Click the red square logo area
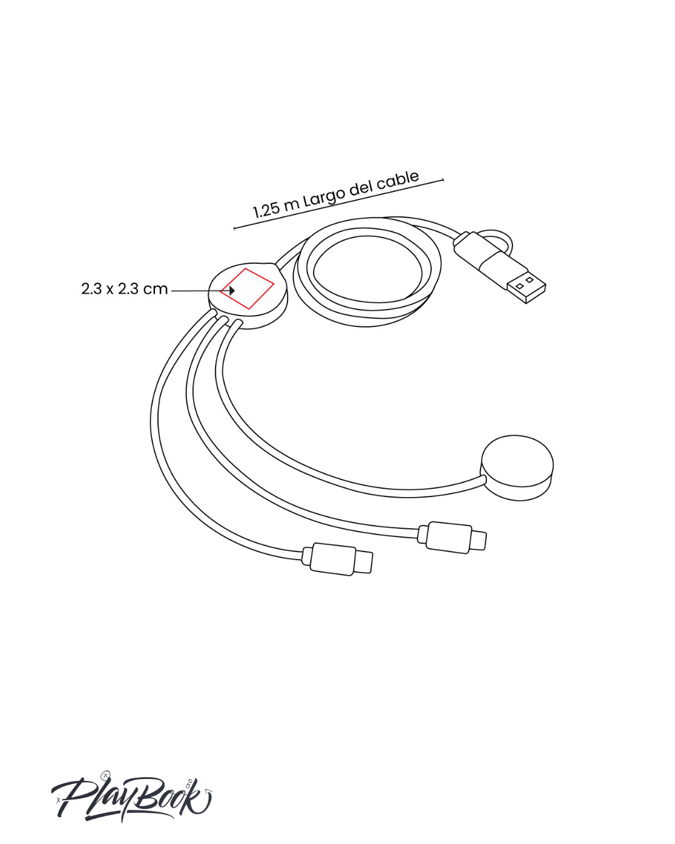[247, 289]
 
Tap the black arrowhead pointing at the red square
[232, 291]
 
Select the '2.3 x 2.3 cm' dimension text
[124, 289]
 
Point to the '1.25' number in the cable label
[266, 211]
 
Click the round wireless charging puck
[516, 468]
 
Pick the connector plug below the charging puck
[452, 537]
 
